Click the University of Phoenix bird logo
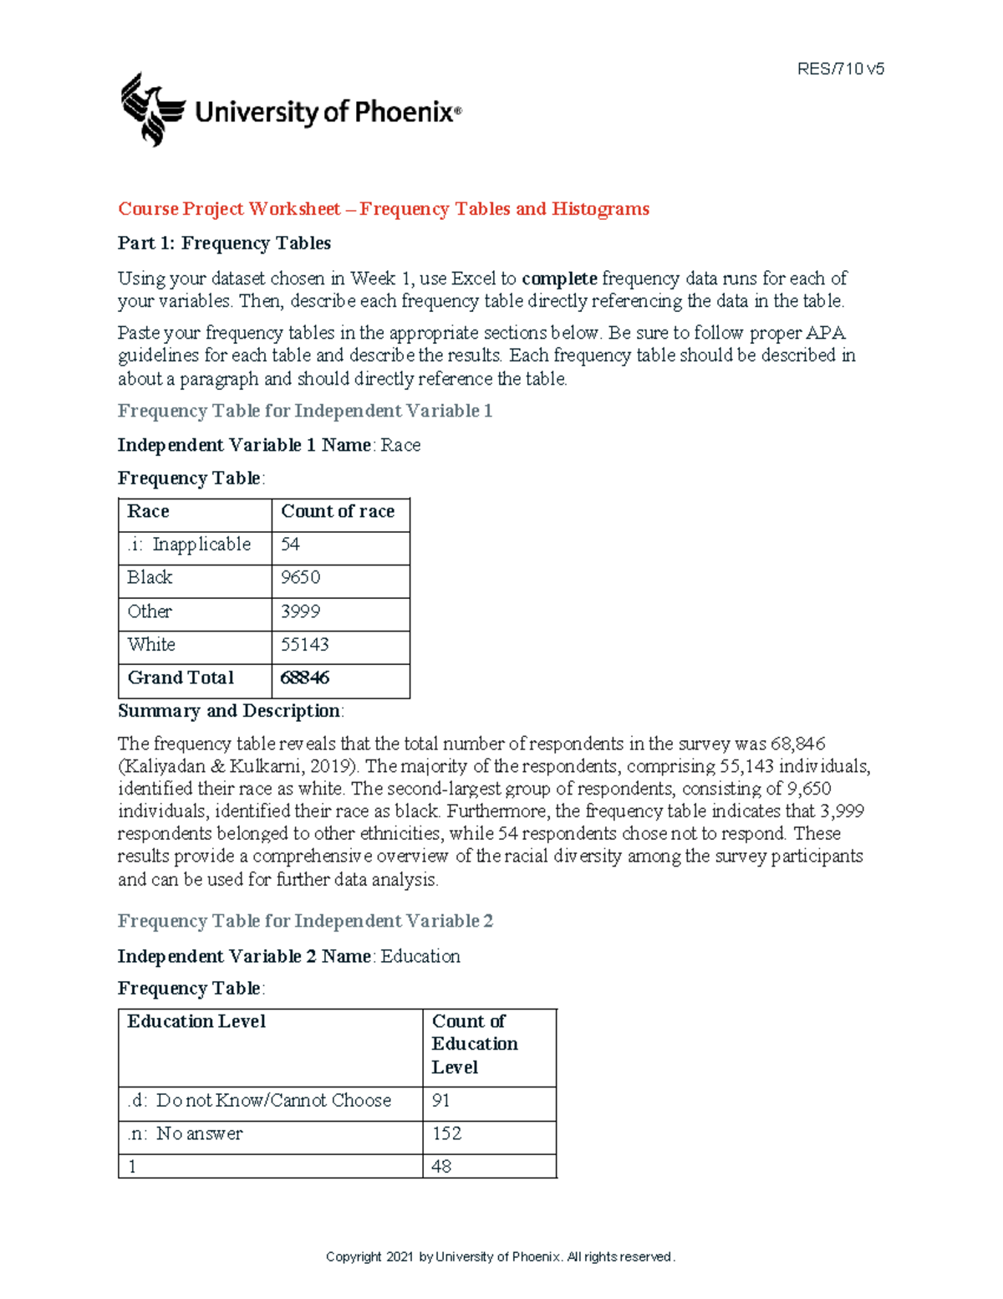point(152,110)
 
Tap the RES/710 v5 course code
point(840,69)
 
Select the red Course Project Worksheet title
point(383,209)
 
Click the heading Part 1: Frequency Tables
point(224,243)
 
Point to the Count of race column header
point(338,512)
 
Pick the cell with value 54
point(290,545)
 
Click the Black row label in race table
point(150,578)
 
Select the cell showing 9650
point(300,578)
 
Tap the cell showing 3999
point(300,611)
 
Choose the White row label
point(151,645)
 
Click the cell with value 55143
point(304,645)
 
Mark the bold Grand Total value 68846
point(304,678)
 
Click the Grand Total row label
point(181,678)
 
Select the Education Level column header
point(196,1022)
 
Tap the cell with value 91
point(440,1102)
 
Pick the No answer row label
point(185,1134)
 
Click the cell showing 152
point(446,1134)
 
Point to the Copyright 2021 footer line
point(500,1257)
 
